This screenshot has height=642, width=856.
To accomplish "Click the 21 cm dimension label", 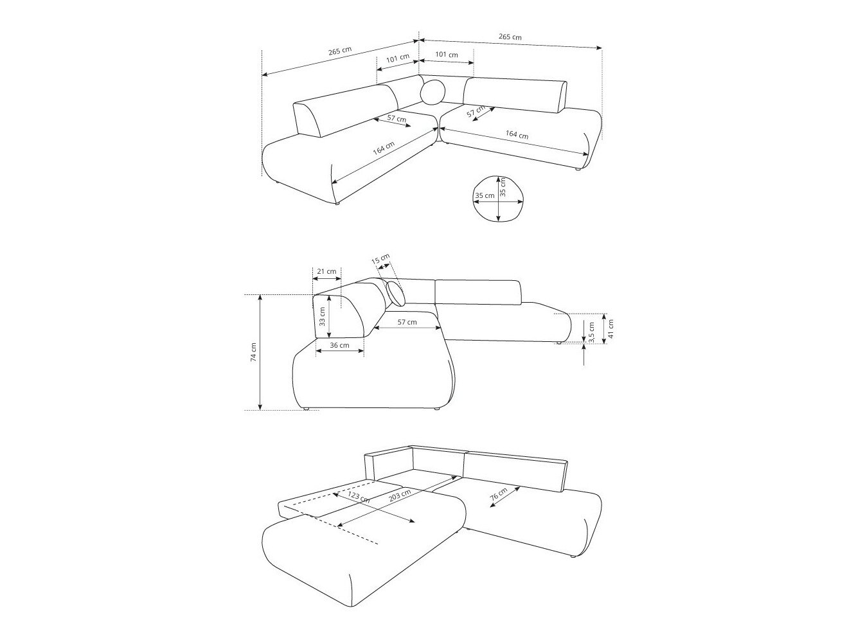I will (x=326, y=271).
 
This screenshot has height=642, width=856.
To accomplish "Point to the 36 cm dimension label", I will (x=339, y=345).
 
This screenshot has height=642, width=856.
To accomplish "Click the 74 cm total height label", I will (x=253, y=352).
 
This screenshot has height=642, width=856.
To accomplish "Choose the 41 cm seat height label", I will (x=611, y=328).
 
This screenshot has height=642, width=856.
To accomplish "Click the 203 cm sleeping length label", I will (x=400, y=496).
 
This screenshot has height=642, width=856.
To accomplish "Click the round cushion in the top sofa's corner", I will (x=432, y=92).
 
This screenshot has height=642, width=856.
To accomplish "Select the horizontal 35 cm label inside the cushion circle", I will (x=485, y=195).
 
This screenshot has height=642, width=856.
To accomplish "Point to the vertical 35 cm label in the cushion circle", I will (x=503, y=187).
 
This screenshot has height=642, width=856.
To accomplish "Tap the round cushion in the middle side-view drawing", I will (x=397, y=293).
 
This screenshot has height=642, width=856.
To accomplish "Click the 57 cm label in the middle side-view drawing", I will (x=406, y=322).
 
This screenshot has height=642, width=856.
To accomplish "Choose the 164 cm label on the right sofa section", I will (x=517, y=135).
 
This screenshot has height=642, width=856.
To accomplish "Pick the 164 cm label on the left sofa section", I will (x=383, y=149).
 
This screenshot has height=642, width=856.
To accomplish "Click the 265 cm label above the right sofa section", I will (x=510, y=37).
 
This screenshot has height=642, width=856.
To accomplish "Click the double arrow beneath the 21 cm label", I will (x=326, y=278).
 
